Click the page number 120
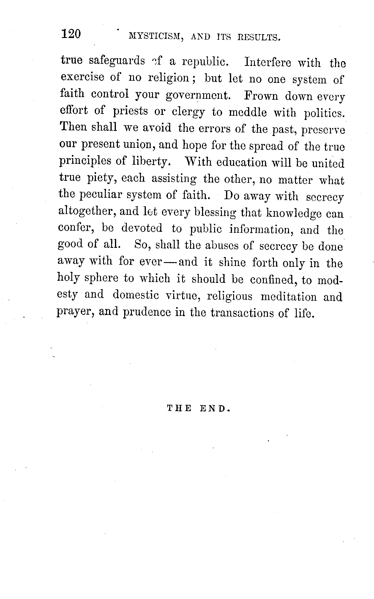pos(71,34)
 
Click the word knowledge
pos(293,213)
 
